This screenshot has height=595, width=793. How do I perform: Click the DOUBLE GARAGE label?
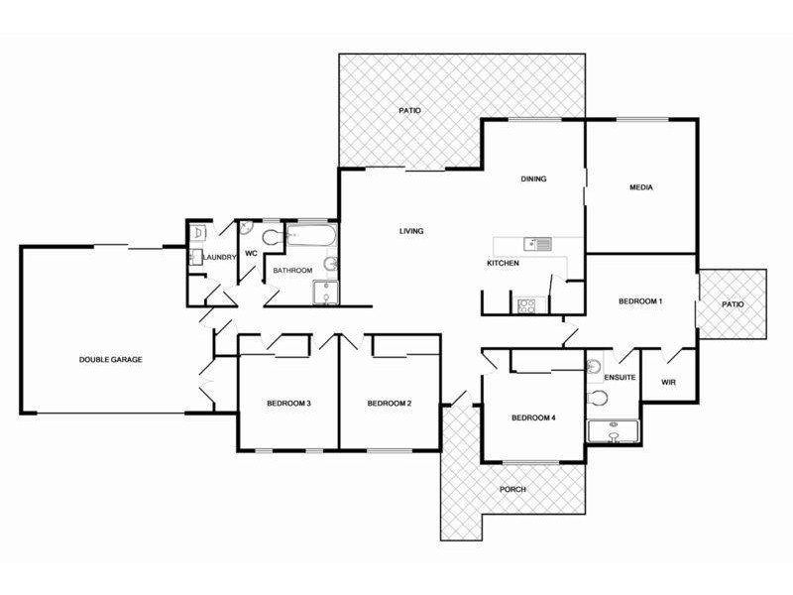click(111, 359)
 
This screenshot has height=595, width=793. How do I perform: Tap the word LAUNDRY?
click(218, 258)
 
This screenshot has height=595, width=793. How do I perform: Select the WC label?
click(251, 254)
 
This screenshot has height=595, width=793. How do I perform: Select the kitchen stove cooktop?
click(526, 305)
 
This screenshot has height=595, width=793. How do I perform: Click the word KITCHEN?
click(503, 264)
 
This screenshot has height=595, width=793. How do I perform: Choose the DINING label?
click(534, 179)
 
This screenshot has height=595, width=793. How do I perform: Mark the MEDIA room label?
click(641, 187)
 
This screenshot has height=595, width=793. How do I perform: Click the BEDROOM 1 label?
click(639, 301)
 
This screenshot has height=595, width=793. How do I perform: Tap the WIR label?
click(668, 380)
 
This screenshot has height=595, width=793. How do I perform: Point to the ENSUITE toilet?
click(597, 399)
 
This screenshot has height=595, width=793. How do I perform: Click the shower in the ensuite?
click(613, 431)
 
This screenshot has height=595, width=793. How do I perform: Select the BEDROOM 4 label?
click(532, 418)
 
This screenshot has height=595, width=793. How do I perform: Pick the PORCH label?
click(512, 490)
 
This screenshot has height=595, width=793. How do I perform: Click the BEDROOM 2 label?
click(389, 404)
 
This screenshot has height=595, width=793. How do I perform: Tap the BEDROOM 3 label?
click(289, 404)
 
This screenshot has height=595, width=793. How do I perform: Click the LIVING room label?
click(411, 231)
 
